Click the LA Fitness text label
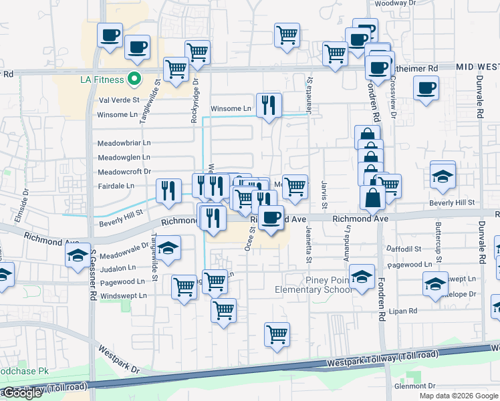pos(102,80)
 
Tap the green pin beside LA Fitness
pos(134,79)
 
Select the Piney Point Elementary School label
pos(313,284)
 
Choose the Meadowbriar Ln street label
pos(124,142)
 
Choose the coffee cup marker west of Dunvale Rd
pos(426,88)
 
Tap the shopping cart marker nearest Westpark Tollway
pos(277,334)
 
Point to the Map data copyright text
pos(459,396)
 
